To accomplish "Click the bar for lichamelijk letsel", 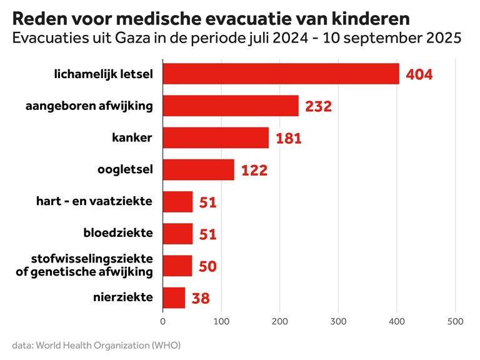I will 281,74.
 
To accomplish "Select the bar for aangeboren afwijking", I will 231,106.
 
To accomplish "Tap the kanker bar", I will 216,138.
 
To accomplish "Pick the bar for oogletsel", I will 198,169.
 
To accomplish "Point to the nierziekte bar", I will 174,297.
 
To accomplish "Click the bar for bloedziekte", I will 177,234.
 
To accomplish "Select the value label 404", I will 419,74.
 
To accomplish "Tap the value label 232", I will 318,106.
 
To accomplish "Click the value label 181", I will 288,138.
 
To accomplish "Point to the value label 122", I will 254,170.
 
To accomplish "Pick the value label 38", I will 201,298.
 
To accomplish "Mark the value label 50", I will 207,266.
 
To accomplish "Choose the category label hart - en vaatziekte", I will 95,201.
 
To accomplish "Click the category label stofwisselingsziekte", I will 92,259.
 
